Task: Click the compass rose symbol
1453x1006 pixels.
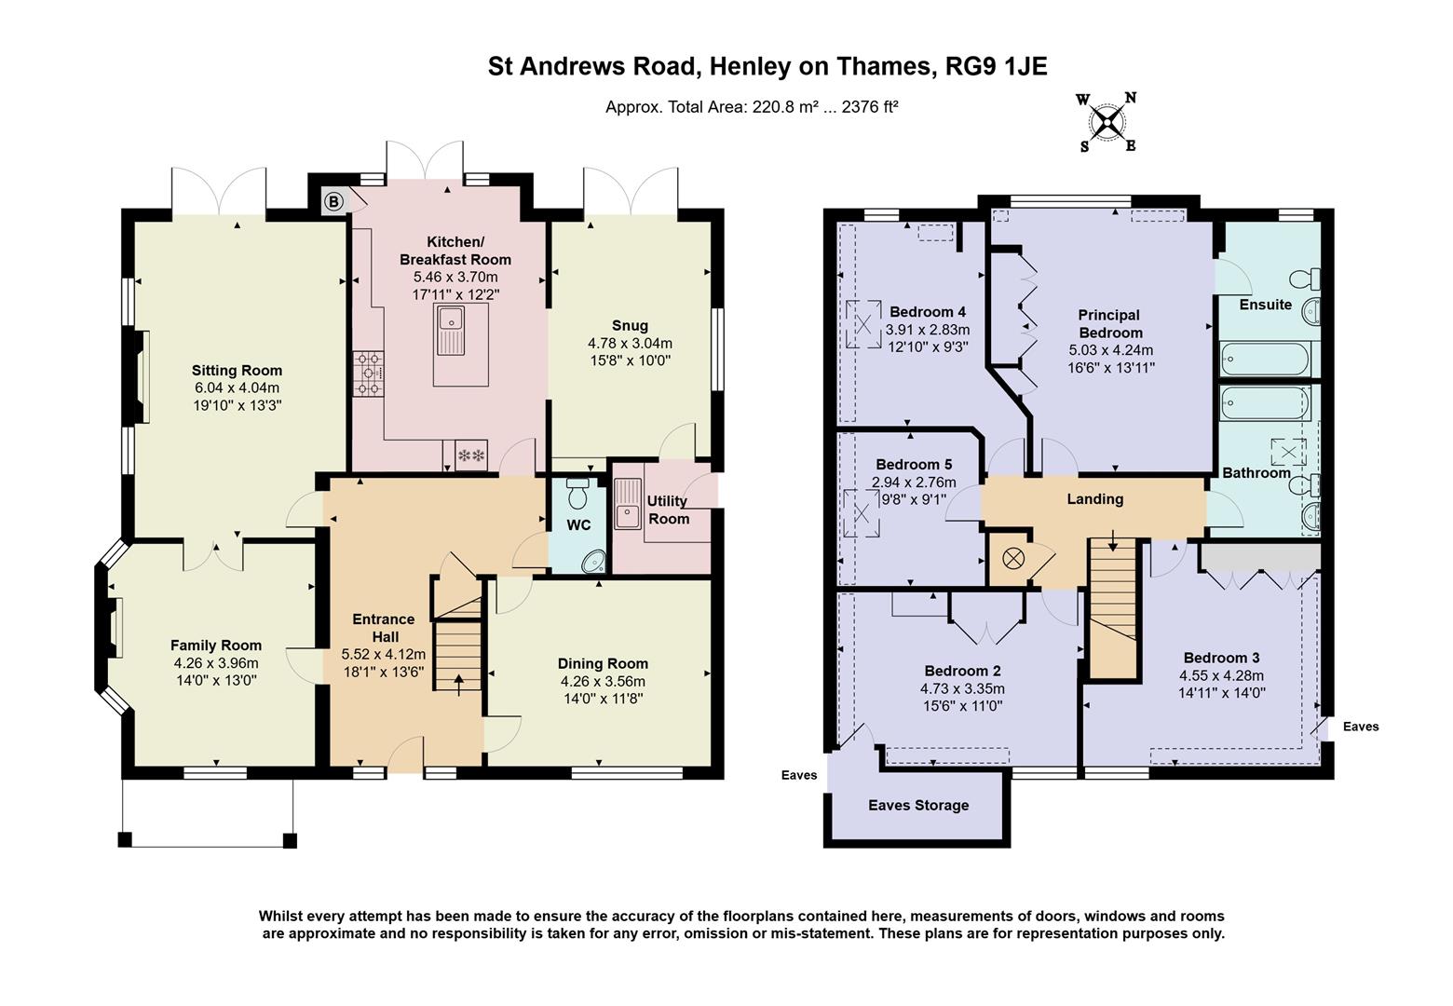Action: tap(1107, 122)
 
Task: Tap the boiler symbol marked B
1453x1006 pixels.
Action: tap(333, 201)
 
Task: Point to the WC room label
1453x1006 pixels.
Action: tap(578, 525)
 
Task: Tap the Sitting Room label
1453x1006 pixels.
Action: tap(237, 370)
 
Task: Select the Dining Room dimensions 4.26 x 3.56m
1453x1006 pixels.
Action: tap(603, 681)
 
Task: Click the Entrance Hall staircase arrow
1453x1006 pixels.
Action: tap(457, 681)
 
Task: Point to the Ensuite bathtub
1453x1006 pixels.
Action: tap(1264, 357)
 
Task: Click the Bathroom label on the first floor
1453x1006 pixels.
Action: tap(1256, 472)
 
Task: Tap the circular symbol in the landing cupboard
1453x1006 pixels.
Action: tap(1012, 559)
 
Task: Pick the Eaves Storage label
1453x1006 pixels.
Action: tap(918, 805)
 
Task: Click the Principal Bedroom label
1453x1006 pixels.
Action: tap(1110, 323)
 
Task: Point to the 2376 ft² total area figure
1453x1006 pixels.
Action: tap(870, 107)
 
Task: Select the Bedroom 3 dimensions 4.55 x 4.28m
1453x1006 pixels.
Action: tap(1221, 675)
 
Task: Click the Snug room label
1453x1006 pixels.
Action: tap(630, 325)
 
